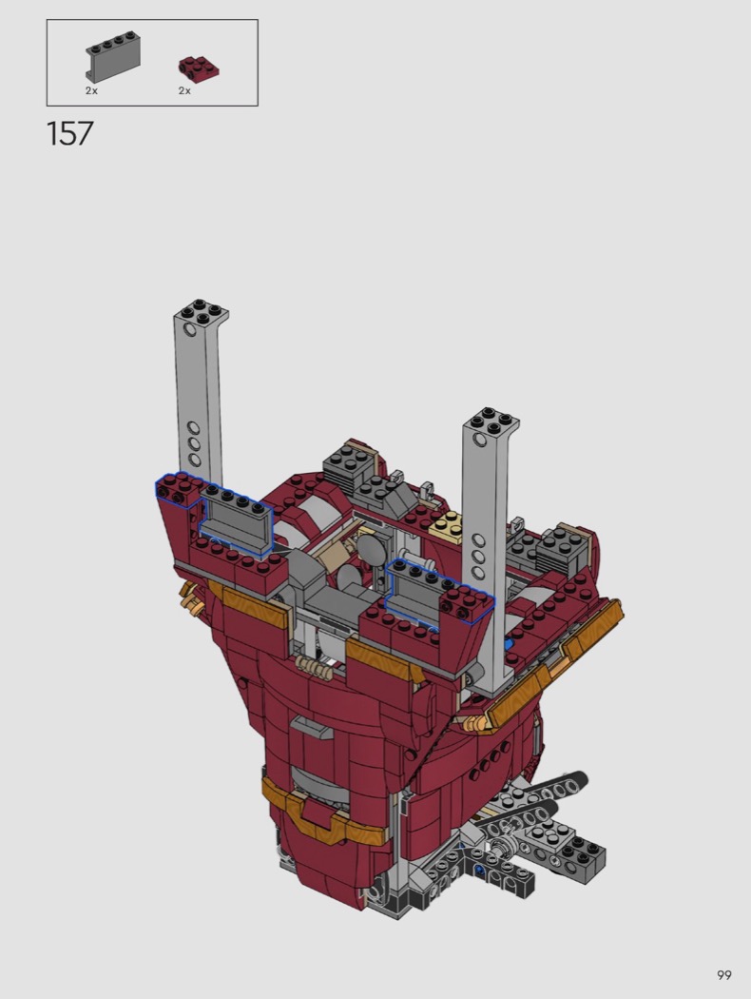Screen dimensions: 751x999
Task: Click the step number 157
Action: (x=70, y=134)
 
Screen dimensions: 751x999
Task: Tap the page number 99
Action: (x=723, y=975)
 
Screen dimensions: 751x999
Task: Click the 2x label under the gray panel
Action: (x=91, y=91)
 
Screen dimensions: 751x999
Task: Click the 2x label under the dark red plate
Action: (x=184, y=91)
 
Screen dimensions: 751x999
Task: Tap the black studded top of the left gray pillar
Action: (x=202, y=311)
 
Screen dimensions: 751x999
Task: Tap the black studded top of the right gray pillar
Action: (x=491, y=420)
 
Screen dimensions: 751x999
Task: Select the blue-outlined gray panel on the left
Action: (x=236, y=519)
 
